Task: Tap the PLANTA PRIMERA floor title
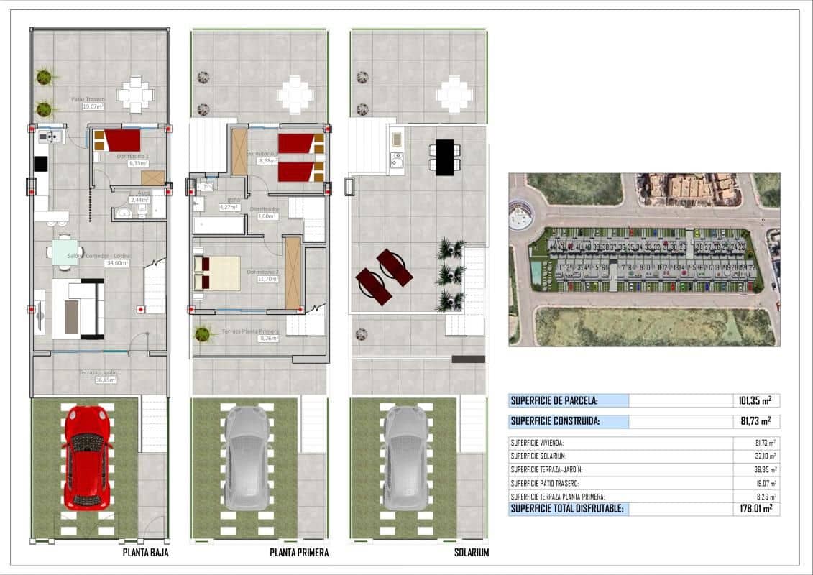point(299,553)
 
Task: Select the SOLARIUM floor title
point(472,553)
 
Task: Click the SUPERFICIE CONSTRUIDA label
point(554,421)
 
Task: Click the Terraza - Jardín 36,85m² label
point(98,376)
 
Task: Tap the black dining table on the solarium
point(445,157)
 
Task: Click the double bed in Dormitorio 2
point(217,274)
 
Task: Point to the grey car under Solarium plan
point(407,459)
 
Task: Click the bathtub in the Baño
point(219,226)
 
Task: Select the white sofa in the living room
point(78,309)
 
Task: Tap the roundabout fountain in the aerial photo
point(521,213)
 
